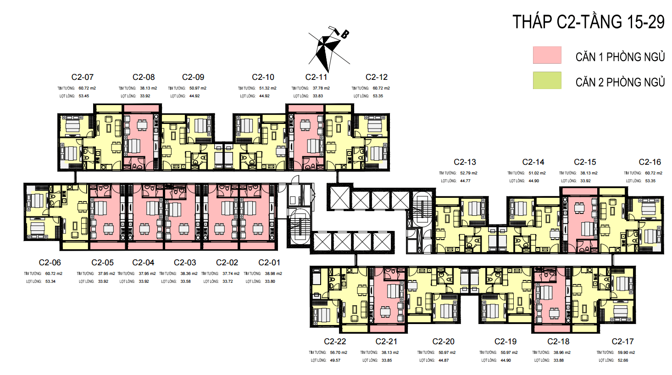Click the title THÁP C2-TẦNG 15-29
click(x=588, y=22)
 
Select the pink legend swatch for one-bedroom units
click(x=547, y=55)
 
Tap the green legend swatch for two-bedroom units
click(x=547, y=80)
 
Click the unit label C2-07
click(x=83, y=77)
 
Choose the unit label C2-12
click(x=377, y=77)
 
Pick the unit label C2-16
click(x=650, y=162)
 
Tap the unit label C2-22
click(x=335, y=341)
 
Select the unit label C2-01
click(x=269, y=263)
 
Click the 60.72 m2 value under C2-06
click(x=54, y=274)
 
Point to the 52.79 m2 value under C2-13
click(x=469, y=173)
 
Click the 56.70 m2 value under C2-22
click(x=339, y=353)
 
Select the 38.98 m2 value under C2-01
click(x=273, y=274)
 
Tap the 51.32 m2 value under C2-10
click(x=268, y=88)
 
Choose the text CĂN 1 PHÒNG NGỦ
click(x=620, y=57)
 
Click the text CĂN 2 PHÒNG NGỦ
click(x=620, y=82)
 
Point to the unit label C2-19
click(x=505, y=341)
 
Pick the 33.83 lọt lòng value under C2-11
click(x=318, y=96)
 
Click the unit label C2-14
click(x=533, y=162)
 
